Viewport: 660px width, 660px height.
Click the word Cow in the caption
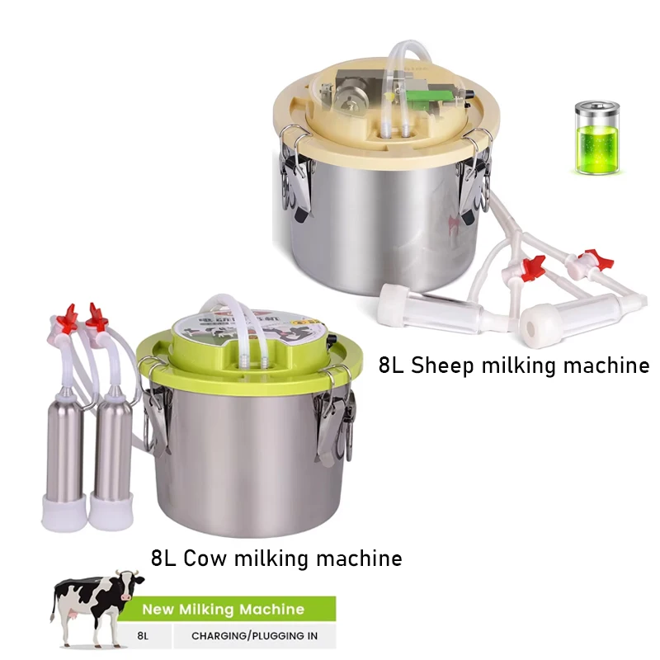click(x=204, y=559)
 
